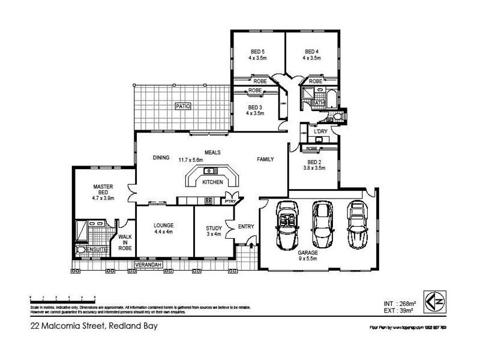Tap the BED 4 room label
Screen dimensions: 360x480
point(311,51)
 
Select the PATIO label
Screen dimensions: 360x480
point(182,106)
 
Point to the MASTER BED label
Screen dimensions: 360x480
point(103,190)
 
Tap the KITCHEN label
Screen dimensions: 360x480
point(212,182)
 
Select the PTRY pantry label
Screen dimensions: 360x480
point(229,202)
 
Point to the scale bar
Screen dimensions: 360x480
point(62,298)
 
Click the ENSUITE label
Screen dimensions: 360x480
point(97,249)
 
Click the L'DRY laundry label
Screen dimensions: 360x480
point(320,131)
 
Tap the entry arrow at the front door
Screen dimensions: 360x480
point(250,241)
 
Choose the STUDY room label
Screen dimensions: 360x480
point(213,228)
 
